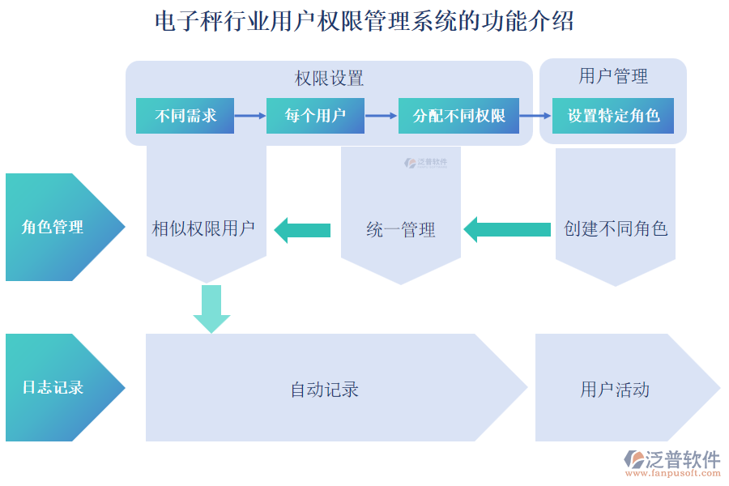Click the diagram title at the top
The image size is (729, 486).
[x=364, y=21]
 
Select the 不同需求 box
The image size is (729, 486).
[x=186, y=116]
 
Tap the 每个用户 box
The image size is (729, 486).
[x=315, y=116]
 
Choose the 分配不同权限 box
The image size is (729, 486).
[x=458, y=116]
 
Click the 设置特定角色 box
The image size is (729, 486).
[x=613, y=116]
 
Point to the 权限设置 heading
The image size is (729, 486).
[x=329, y=79]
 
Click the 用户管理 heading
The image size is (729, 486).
[x=613, y=77]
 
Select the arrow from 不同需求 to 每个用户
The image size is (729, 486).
[x=250, y=116]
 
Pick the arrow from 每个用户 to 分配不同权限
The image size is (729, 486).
[x=381, y=116]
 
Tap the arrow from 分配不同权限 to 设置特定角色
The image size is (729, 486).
[x=535, y=116]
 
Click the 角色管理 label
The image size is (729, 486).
[x=53, y=228]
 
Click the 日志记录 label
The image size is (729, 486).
[x=53, y=387]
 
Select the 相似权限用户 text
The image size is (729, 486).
[x=204, y=229]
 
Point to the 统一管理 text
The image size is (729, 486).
[x=401, y=231]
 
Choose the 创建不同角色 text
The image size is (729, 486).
[x=616, y=229]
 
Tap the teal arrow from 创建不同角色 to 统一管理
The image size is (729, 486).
[x=507, y=229]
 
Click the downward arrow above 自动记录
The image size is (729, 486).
[x=211, y=309]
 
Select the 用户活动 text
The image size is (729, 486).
[x=615, y=390]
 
